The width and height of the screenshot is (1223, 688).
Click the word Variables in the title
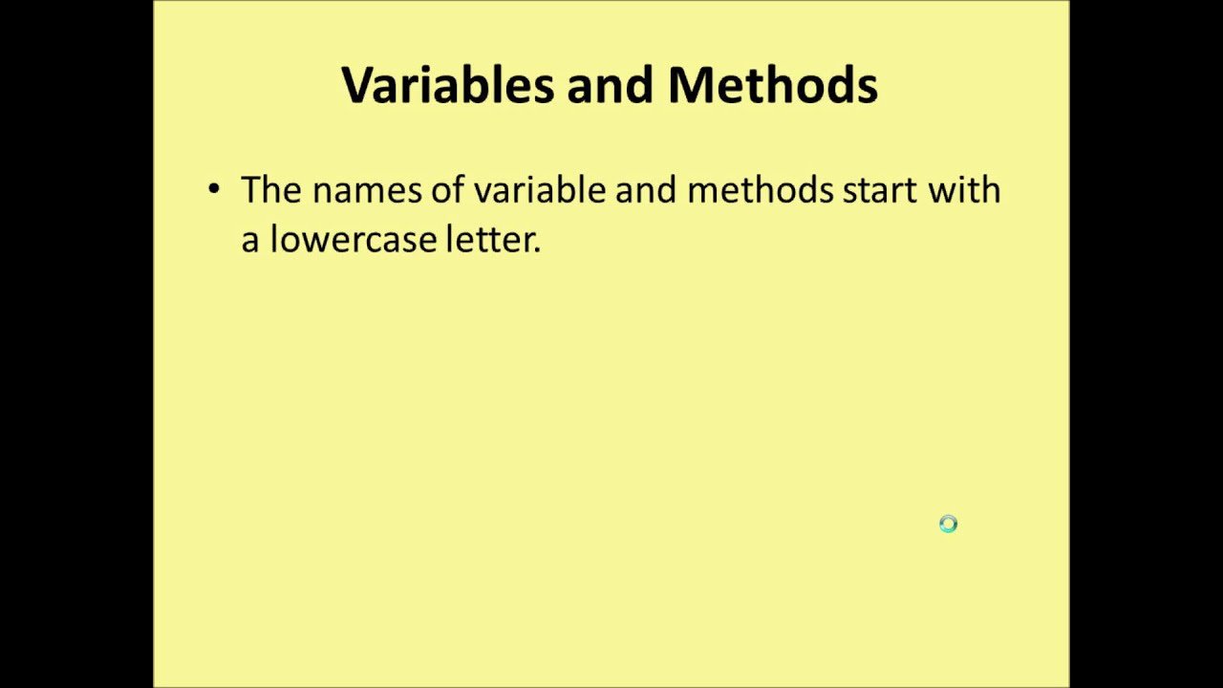coord(447,85)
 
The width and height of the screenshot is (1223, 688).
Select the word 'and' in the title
coord(611,85)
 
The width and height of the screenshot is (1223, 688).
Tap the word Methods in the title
coord(772,85)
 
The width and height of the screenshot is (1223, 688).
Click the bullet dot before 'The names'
coord(213,188)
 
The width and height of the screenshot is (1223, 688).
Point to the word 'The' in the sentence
coord(270,190)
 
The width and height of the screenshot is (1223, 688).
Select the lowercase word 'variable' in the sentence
coord(540,190)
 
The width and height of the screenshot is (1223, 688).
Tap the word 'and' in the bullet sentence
coord(646,190)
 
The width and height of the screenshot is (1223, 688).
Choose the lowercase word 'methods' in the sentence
coord(761,190)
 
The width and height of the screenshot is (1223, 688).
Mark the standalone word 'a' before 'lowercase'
coord(249,241)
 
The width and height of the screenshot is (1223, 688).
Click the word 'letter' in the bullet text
coord(489,239)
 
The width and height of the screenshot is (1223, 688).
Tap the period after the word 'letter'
coord(537,249)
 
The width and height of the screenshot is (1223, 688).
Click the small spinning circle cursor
coord(948,524)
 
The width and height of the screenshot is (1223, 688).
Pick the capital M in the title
coord(691,85)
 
